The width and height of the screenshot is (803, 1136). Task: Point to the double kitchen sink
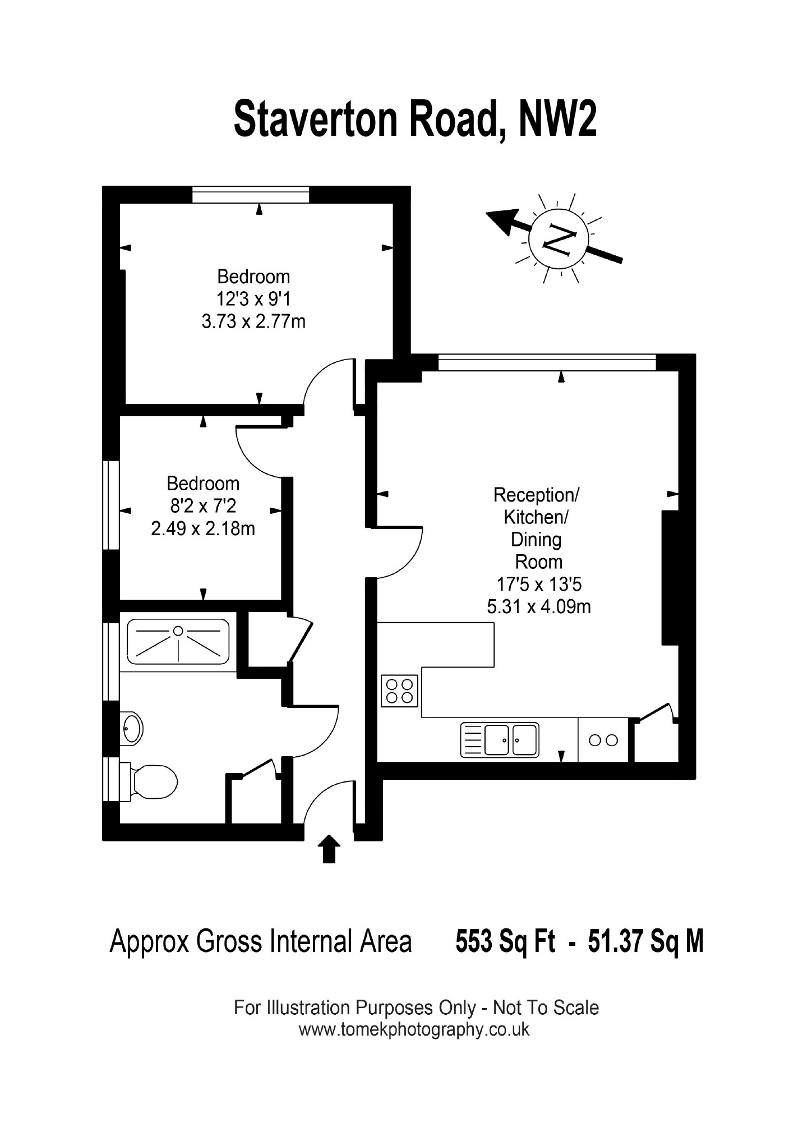pos(500,739)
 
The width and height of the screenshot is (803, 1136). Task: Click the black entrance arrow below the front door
pos(329,848)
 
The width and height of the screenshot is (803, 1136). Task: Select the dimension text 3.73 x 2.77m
pos(253,321)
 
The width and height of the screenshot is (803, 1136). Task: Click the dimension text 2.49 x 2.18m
pos(203,528)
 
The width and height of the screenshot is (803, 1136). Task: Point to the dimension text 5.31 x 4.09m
pos(539,606)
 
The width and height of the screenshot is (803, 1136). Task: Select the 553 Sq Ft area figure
pos(505,941)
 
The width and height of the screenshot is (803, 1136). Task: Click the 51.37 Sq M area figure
pos(645,941)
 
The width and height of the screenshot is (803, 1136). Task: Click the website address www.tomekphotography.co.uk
pos(414,1029)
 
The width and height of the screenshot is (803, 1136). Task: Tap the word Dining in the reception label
pos(536,540)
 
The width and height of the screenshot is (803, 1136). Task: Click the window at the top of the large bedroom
pos(251,195)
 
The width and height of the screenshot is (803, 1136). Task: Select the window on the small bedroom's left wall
pos(111,505)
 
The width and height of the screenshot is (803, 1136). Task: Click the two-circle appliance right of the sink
pos(603,740)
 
